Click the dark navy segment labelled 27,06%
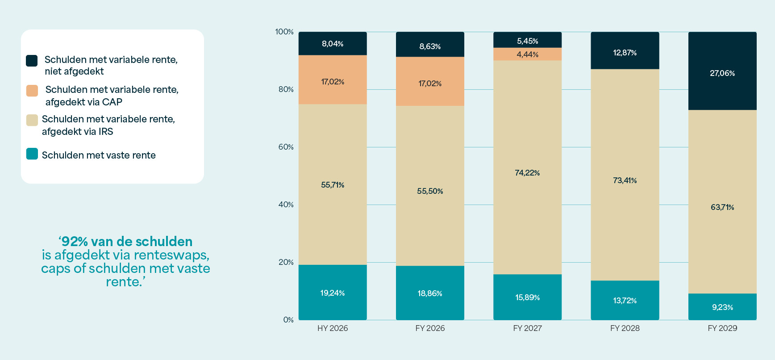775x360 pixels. [x=722, y=71]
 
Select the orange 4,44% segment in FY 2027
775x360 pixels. [x=527, y=54]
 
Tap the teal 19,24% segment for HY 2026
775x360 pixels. [x=333, y=292]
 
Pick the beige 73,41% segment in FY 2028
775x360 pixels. [x=625, y=175]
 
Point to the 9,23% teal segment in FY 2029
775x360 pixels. [x=722, y=307]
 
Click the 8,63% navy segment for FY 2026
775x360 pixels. [x=430, y=44]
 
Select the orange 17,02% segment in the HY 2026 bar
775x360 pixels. [x=333, y=80]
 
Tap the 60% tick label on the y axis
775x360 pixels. [x=286, y=147]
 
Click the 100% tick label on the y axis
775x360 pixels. [x=284, y=32]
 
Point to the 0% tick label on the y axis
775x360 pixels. [x=288, y=320]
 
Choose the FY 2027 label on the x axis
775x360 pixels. [x=527, y=328]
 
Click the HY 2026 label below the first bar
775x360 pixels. [x=333, y=328]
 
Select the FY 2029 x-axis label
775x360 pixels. [x=722, y=328]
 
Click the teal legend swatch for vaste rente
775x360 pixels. [x=32, y=154]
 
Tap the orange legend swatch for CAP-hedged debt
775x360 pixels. [x=32, y=91]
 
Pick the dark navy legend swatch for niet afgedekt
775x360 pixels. [x=32, y=61]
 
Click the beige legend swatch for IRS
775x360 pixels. [x=32, y=120]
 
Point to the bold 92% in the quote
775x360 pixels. [x=75, y=242]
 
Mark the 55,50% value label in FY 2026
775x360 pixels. [x=430, y=191]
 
